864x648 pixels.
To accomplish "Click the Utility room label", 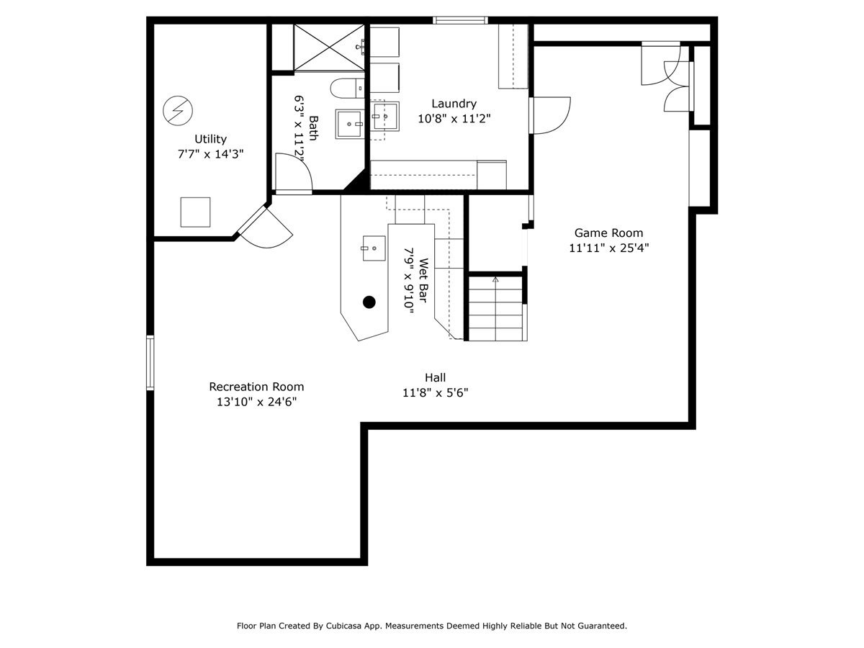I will point(210,139).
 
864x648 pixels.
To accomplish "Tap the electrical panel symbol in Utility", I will point(178,110).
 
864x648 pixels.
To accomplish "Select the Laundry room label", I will point(454,104).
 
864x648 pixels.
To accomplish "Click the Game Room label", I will point(608,233).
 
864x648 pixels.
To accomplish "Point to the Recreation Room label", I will point(256,387).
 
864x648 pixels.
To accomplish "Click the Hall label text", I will point(435,377).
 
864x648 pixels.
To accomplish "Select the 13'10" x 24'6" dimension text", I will point(256,402).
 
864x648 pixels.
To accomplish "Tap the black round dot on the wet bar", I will point(369,302).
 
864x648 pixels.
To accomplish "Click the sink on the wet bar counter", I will point(374,248).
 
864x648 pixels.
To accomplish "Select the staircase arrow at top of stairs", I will point(495,279).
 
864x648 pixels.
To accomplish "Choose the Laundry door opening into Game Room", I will point(552,115).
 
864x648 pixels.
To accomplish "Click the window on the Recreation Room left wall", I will point(150,362).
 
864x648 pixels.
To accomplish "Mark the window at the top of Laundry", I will point(460,20).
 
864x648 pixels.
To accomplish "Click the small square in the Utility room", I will point(195,212).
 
